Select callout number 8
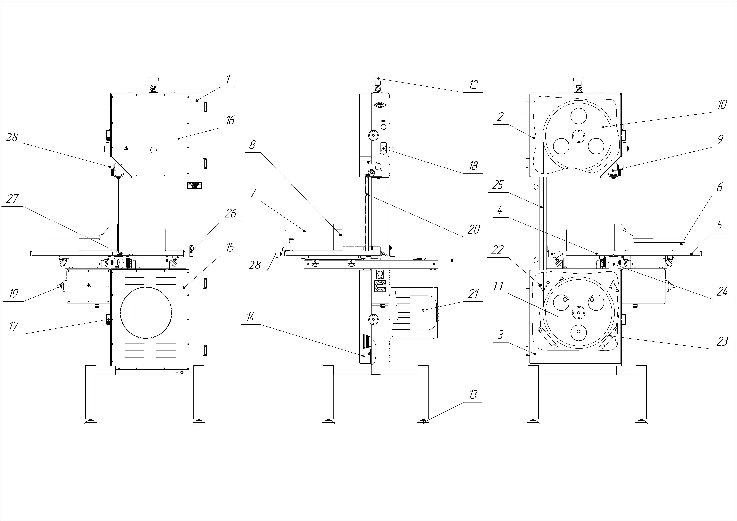coord(253,145)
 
